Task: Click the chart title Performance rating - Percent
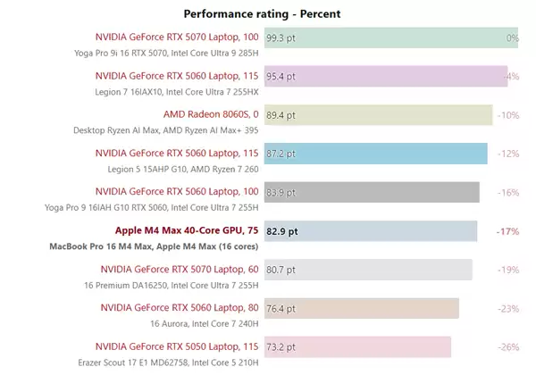[262, 13]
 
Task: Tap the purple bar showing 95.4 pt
[385, 77]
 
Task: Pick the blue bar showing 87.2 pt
[375, 154]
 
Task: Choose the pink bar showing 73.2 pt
[356, 346]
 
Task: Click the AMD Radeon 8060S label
[211, 114]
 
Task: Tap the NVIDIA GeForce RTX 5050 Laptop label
[179, 346]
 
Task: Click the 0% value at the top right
[512, 38]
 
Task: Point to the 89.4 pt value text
[281, 115]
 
